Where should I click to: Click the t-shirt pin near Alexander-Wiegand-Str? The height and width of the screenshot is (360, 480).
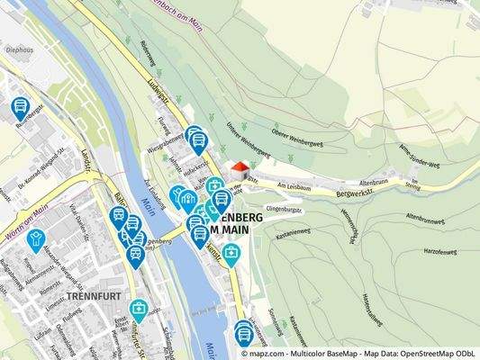36,240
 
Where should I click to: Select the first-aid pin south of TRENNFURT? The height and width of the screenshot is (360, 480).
140,310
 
